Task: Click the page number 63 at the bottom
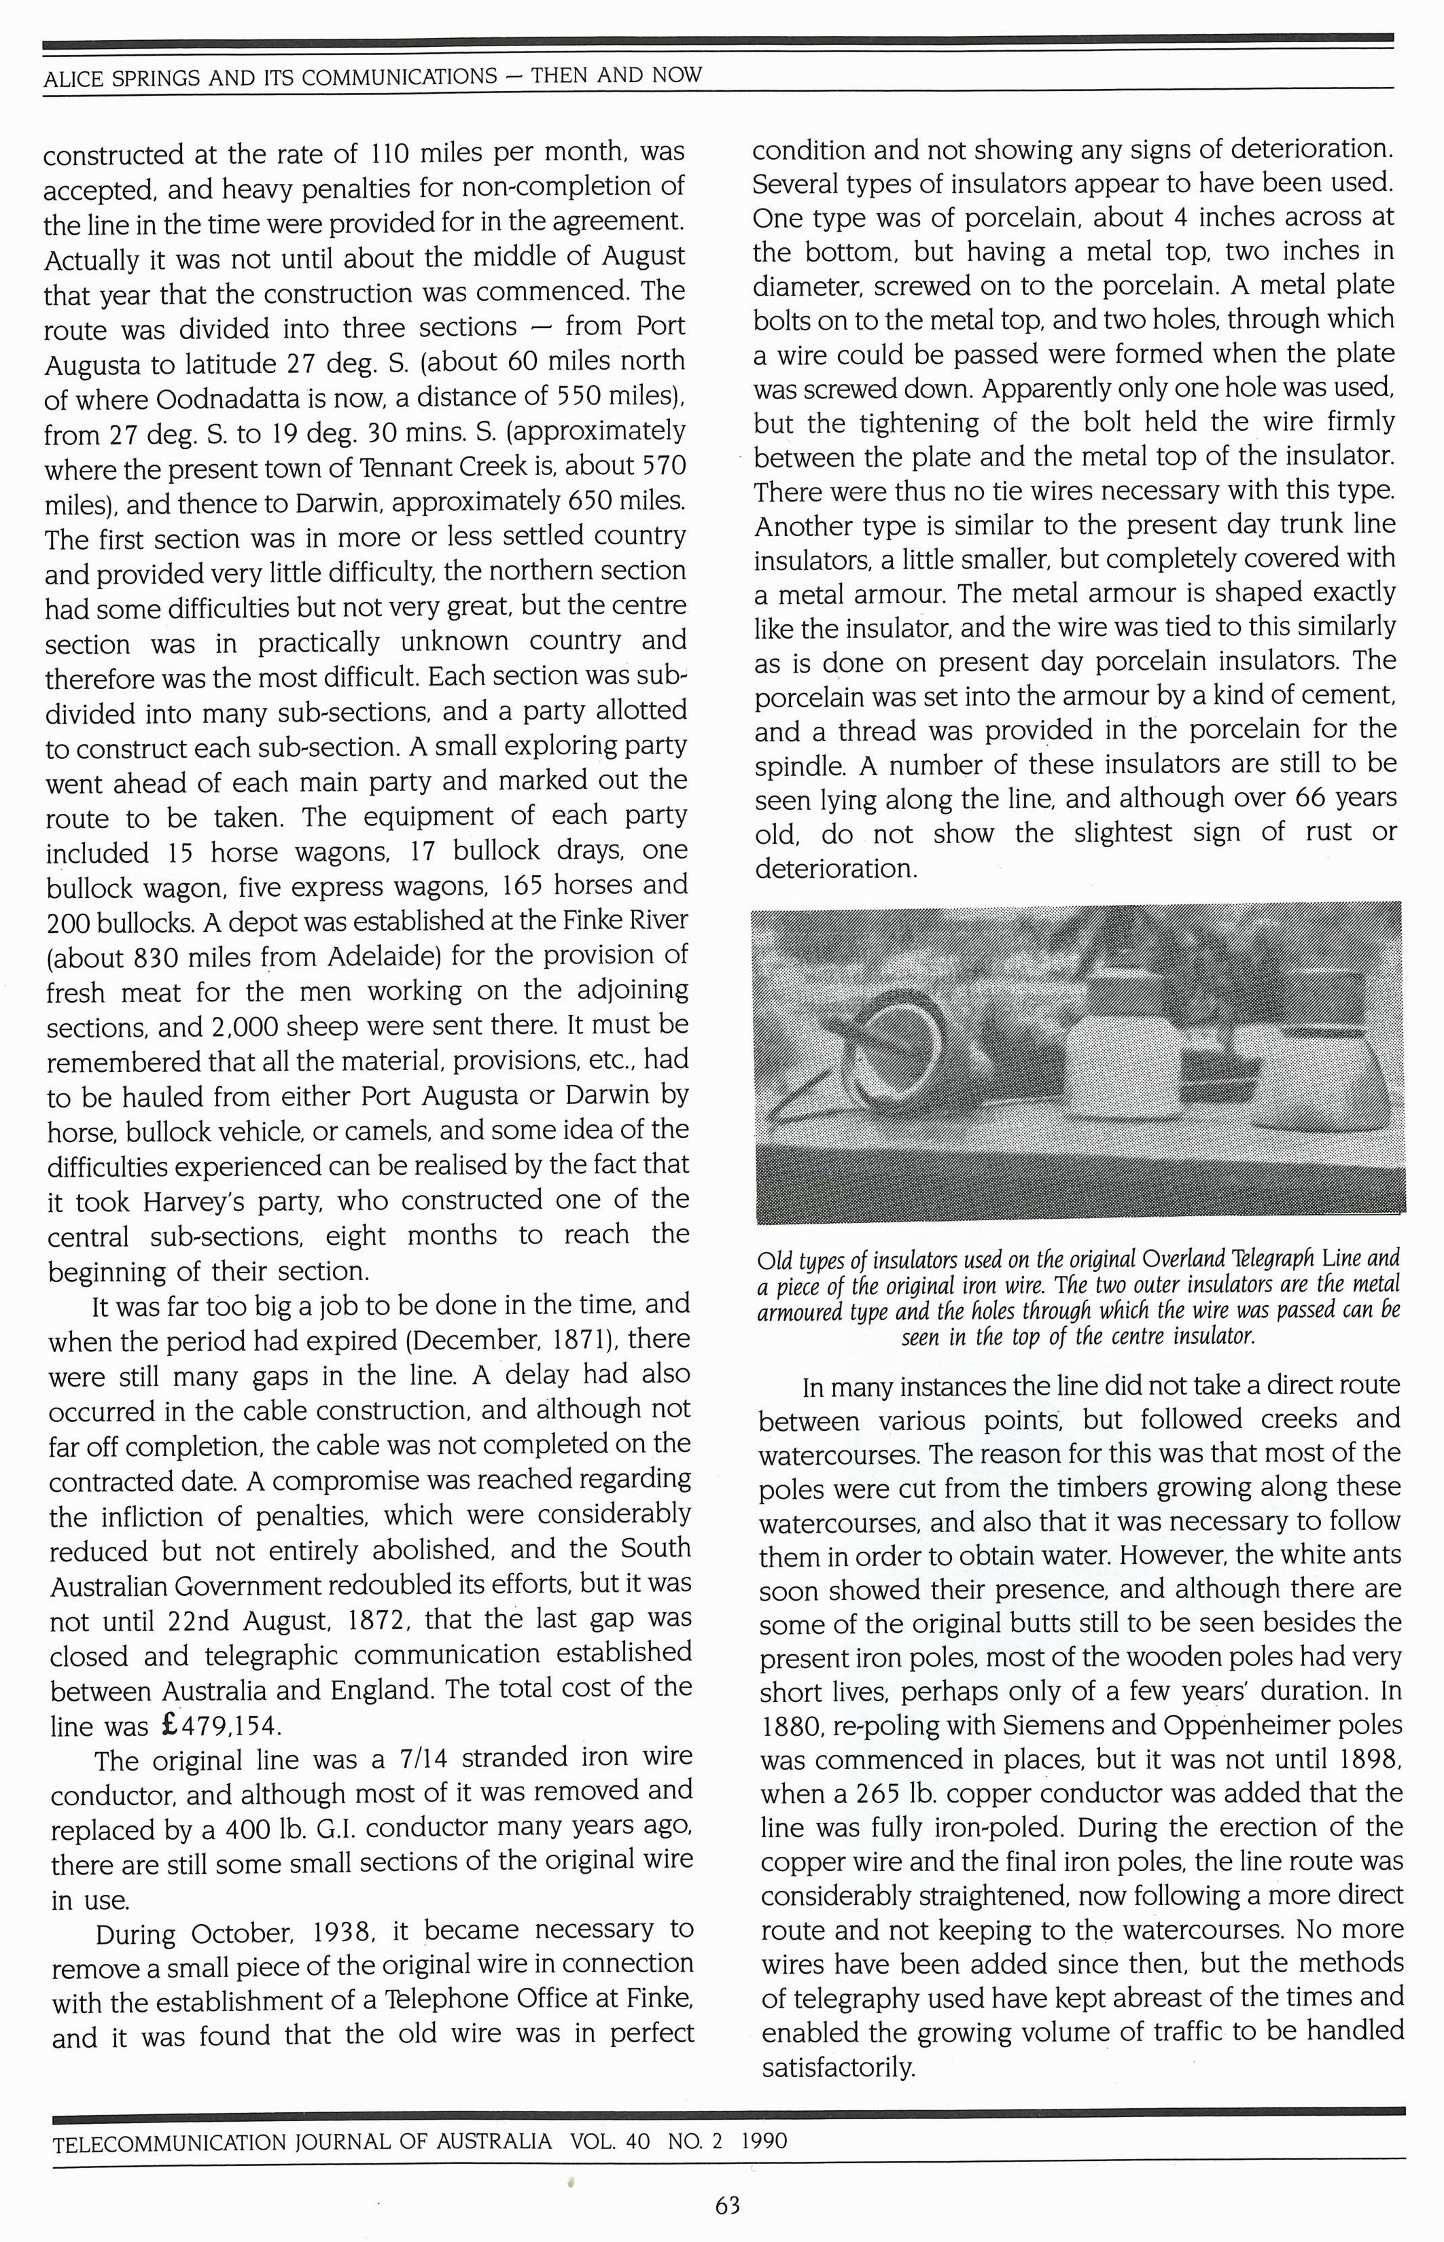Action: (728, 2205)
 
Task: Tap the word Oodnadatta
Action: (230, 398)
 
